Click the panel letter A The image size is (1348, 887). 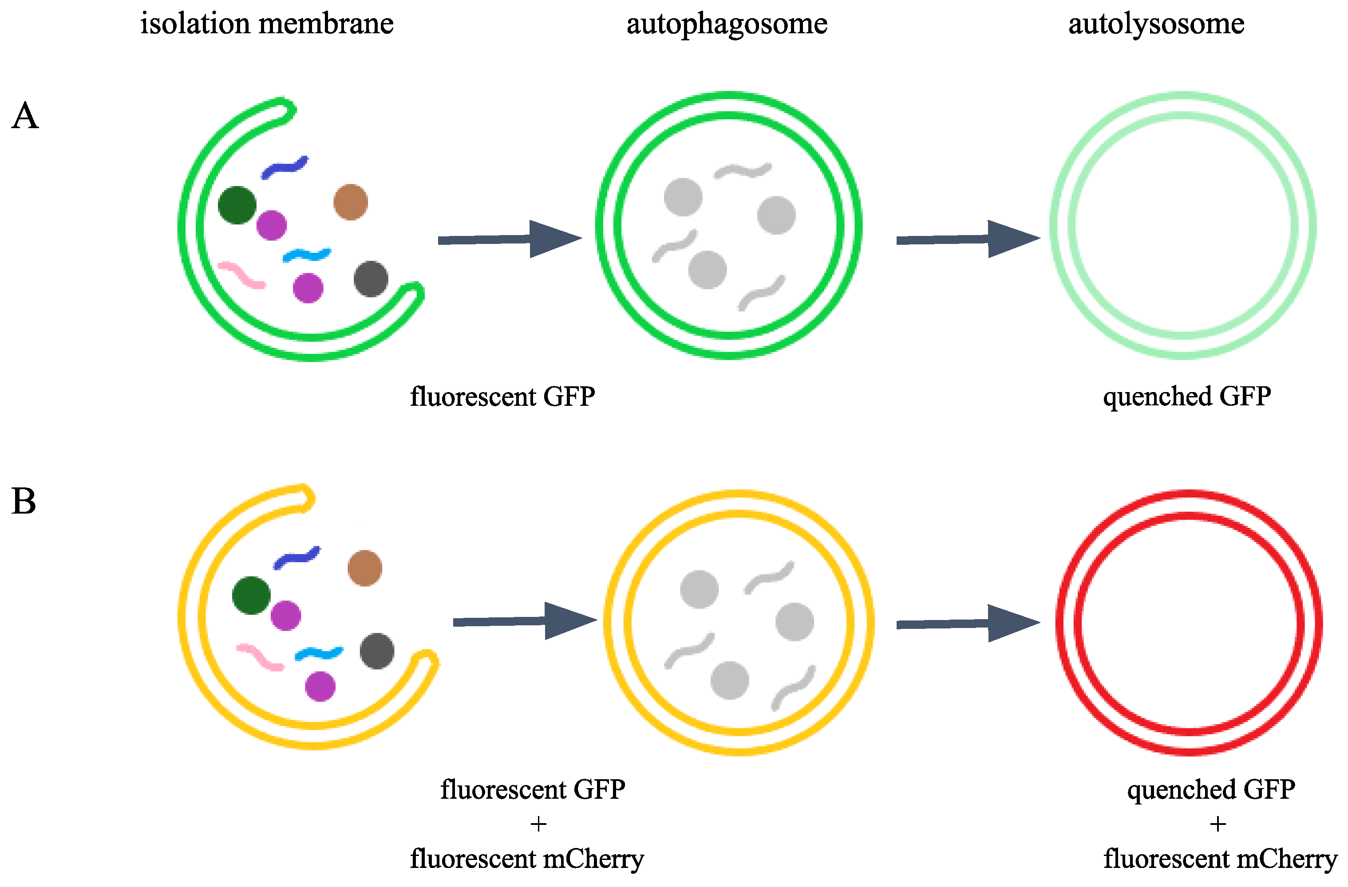pos(25,117)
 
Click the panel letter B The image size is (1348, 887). pos(24,502)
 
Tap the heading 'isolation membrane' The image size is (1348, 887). pos(267,24)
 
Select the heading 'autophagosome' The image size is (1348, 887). pos(727,24)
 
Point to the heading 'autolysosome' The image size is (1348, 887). pos(1156,24)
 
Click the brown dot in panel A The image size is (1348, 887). pos(351,202)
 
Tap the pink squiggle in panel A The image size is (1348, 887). pos(242,275)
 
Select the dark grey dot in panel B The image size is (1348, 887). pos(377,651)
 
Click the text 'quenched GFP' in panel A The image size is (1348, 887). pos(1186,396)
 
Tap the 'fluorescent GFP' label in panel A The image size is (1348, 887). pos(502,396)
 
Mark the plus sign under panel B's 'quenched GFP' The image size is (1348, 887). pos(1217,824)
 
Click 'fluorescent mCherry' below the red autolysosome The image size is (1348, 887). pos(1220,859)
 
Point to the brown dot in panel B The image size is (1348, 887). pos(365,568)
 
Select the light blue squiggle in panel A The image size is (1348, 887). pos(306,255)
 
